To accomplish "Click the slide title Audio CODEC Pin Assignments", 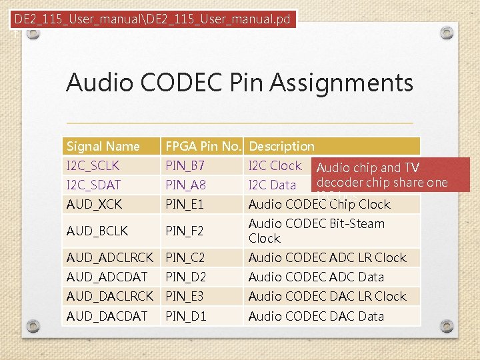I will (x=239, y=83).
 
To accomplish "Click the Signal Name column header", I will (x=103, y=146).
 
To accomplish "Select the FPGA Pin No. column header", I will (x=204, y=146).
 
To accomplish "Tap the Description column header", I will (x=281, y=146).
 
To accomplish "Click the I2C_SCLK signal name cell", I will (x=93, y=165).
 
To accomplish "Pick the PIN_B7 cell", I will (x=185, y=165).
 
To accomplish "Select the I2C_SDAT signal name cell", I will (x=93, y=185).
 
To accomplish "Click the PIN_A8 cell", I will (x=185, y=185).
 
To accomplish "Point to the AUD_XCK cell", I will (x=94, y=204).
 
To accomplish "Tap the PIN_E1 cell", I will (x=184, y=204).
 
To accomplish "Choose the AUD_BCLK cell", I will (x=97, y=231).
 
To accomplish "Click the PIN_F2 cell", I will (x=184, y=231).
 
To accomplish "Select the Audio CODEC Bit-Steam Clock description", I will (x=316, y=231).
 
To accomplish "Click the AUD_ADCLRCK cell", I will (x=109, y=257).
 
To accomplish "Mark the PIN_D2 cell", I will (x=185, y=277).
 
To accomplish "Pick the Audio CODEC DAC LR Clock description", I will (x=327, y=296).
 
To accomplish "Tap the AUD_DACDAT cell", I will (x=107, y=316).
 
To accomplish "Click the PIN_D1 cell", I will (x=185, y=316).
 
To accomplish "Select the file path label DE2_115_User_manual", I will (x=153, y=19).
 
